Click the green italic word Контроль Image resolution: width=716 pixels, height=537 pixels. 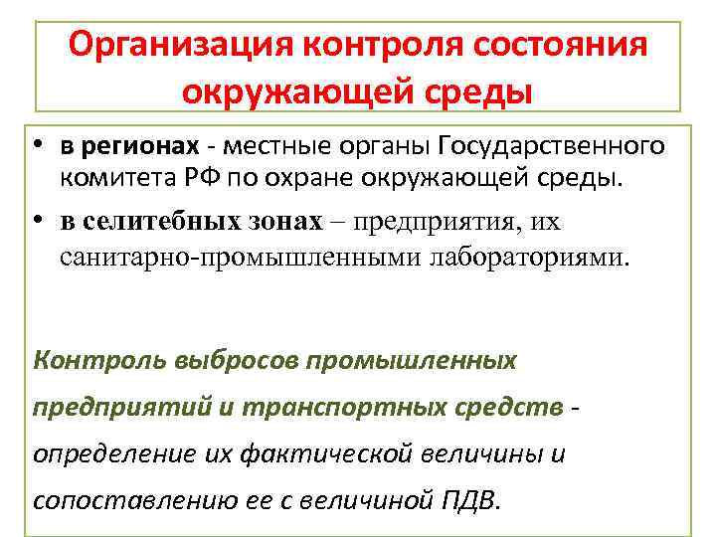pos(88,358)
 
